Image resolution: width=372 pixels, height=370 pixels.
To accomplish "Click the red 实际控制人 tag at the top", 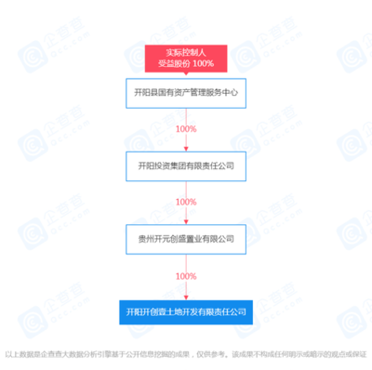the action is [186, 58].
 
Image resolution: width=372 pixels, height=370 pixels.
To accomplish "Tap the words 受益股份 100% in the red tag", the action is [186, 63].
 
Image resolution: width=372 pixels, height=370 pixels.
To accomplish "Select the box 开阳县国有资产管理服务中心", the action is [186, 93].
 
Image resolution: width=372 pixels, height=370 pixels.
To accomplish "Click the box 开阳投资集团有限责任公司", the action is [186, 165].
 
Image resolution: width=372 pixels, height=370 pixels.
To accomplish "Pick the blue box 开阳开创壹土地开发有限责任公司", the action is [186, 311].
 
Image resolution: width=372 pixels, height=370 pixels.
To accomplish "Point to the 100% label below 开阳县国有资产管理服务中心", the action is [186, 129].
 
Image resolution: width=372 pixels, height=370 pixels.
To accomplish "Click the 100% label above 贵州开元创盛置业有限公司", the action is [186, 202].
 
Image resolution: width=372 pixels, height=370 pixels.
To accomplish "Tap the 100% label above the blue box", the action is [186, 276].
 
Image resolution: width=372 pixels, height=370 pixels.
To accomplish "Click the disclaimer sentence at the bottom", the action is [186, 354].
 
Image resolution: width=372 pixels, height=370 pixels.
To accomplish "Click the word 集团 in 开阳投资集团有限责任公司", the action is [182, 165].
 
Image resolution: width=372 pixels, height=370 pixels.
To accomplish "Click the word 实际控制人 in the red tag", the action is [186, 52].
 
